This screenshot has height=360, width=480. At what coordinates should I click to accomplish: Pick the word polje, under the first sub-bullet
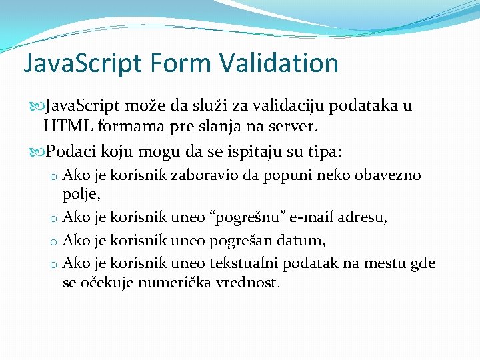[x=81, y=194]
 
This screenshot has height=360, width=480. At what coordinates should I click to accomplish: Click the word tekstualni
[x=243, y=263]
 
